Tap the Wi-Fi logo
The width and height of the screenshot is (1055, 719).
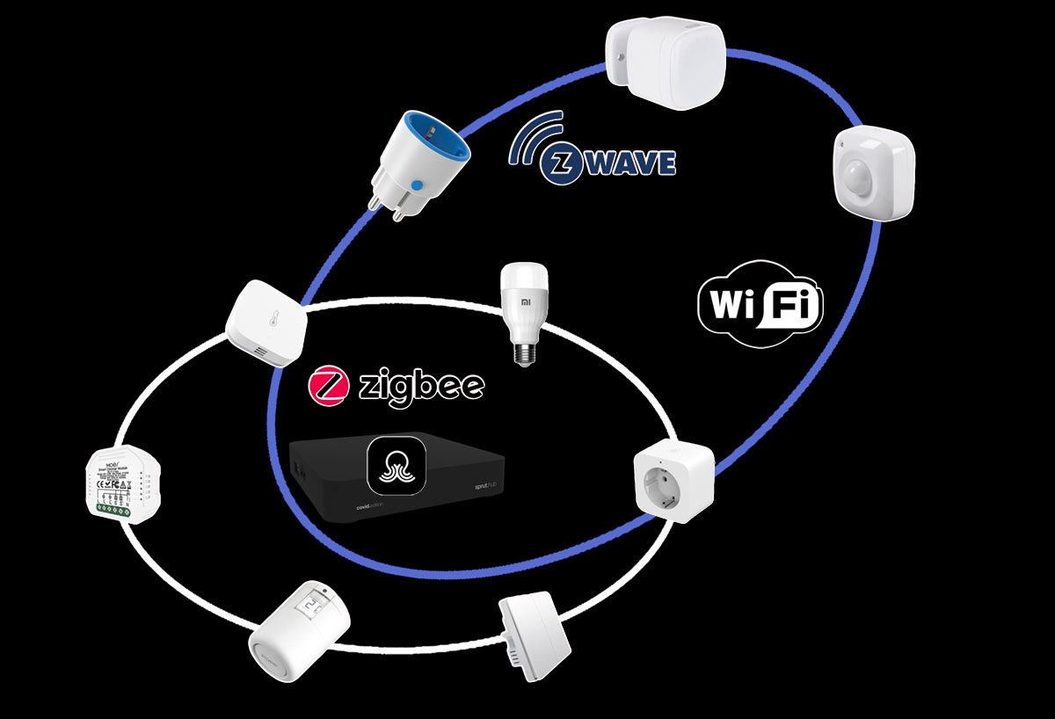click(760, 302)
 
